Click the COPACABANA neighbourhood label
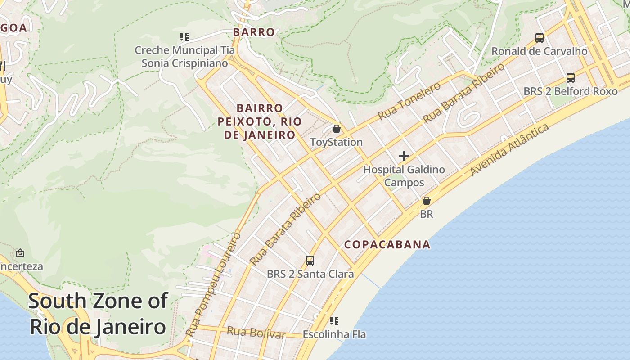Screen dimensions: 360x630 (x=387, y=244)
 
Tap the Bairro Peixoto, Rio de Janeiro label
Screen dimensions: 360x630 (x=260, y=121)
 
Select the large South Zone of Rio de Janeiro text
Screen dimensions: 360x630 (x=98, y=314)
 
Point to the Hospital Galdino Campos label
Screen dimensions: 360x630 (x=404, y=176)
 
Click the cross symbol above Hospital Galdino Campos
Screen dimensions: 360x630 (x=404, y=156)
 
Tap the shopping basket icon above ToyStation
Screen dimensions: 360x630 (x=336, y=129)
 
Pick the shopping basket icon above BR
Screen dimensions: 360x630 (x=426, y=201)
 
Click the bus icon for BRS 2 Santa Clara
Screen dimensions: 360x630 (x=310, y=260)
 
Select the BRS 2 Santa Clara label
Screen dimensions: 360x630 (x=310, y=274)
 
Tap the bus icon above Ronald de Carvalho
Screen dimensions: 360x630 (x=539, y=38)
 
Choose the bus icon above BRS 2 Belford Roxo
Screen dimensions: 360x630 (x=570, y=78)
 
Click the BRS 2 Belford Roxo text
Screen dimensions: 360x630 (x=570, y=91)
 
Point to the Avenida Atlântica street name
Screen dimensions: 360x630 (x=509, y=150)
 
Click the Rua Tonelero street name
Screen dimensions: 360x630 (x=409, y=101)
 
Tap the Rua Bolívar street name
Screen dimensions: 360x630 (x=256, y=333)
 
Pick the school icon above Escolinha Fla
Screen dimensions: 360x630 (x=334, y=321)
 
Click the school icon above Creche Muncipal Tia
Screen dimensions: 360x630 (x=184, y=37)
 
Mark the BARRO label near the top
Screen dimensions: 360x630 (x=254, y=32)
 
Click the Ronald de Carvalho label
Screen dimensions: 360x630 (x=539, y=51)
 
